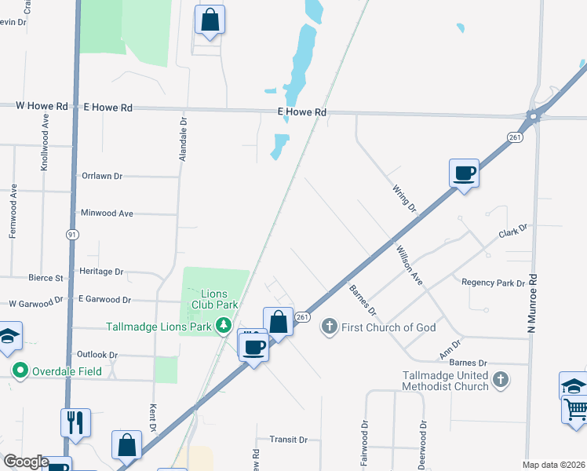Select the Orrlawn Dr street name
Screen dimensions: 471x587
102,177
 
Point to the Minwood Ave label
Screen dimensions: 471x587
107,213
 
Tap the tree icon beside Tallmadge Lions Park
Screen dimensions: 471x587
224,324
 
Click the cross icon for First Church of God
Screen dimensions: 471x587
330,327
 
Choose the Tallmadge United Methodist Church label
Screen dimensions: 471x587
445,381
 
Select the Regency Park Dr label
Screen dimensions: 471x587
493,283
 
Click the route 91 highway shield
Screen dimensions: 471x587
72,235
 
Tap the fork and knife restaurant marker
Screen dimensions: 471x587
76,422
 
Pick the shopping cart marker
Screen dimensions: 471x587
576,409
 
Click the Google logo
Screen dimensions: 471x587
26,462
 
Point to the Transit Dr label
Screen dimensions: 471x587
288,440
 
